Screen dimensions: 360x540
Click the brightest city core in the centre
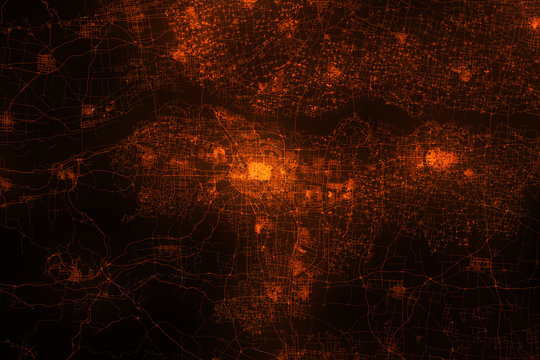pyautogui.click(x=259, y=171)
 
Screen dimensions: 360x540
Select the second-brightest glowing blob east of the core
pyautogui.click(x=440, y=158)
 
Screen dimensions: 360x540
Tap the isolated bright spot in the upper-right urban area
pyautogui.click(x=464, y=74)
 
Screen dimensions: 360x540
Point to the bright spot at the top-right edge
pyautogui.click(x=534, y=22)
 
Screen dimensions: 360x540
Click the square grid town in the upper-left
pyautogui.click(x=46, y=63)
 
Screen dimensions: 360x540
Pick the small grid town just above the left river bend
pyautogui.click(x=88, y=110)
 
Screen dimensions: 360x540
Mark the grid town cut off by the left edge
pyautogui.click(x=5, y=122)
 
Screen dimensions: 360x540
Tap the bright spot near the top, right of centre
pyautogui.click(x=401, y=38)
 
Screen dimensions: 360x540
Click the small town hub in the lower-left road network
pyautogui.click(x=75, y=270)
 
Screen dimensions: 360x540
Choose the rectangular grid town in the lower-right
pyautogui.click(x=480, y=264)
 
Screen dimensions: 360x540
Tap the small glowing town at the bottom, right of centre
pyautogui.click(x=397, y=291)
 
